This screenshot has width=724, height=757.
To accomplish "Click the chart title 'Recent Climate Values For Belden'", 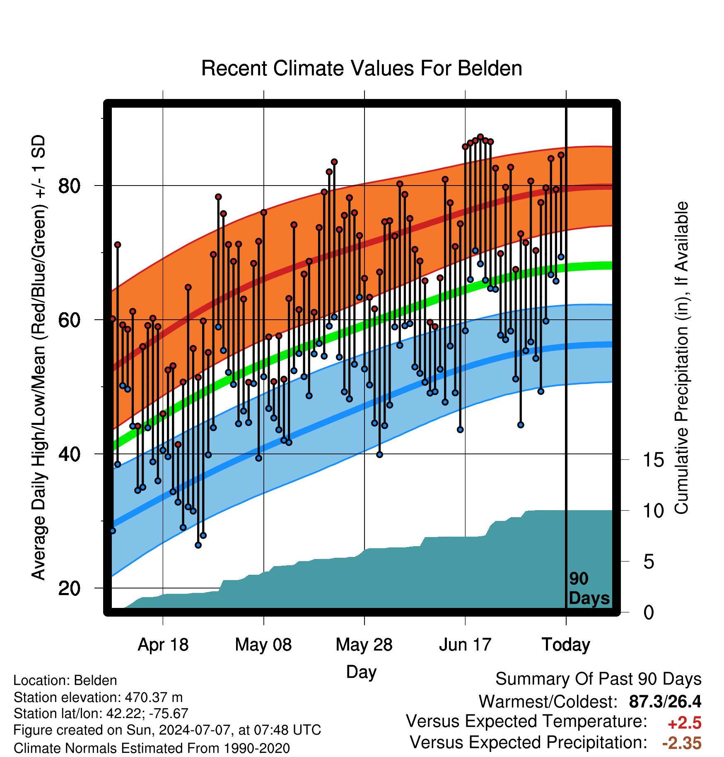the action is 362,68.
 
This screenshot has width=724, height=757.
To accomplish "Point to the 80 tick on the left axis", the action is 69,186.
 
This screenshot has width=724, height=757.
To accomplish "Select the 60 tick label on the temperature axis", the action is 69,320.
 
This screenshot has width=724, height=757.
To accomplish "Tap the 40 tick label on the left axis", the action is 69,454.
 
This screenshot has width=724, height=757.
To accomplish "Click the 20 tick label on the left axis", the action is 69,588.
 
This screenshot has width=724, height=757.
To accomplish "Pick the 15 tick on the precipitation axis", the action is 654,460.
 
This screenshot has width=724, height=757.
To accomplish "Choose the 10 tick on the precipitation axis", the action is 654,511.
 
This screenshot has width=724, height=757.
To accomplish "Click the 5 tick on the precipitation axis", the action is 649,562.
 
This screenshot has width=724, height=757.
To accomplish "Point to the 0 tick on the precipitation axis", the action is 649,612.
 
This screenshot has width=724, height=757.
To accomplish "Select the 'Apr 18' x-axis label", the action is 163,645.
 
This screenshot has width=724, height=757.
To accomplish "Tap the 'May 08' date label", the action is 263,645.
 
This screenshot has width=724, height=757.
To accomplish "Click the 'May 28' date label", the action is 364,645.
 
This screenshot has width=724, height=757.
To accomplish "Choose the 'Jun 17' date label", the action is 465,645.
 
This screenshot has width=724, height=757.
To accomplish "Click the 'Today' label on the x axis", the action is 566,645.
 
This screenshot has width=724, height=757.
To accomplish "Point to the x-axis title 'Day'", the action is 362,672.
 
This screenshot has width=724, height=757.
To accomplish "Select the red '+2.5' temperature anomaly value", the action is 685,723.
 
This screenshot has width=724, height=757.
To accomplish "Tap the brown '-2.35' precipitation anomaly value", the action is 682,743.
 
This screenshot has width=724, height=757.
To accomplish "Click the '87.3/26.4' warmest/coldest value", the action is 665,702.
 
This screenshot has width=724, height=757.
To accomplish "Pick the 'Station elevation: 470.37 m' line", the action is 98,697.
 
